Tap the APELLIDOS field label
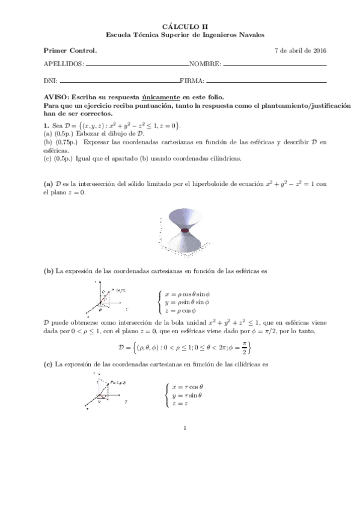point(64,64)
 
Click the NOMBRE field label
point(206,64)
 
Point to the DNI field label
point(50,81)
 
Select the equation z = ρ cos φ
point(184,310)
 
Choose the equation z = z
point(180,404)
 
